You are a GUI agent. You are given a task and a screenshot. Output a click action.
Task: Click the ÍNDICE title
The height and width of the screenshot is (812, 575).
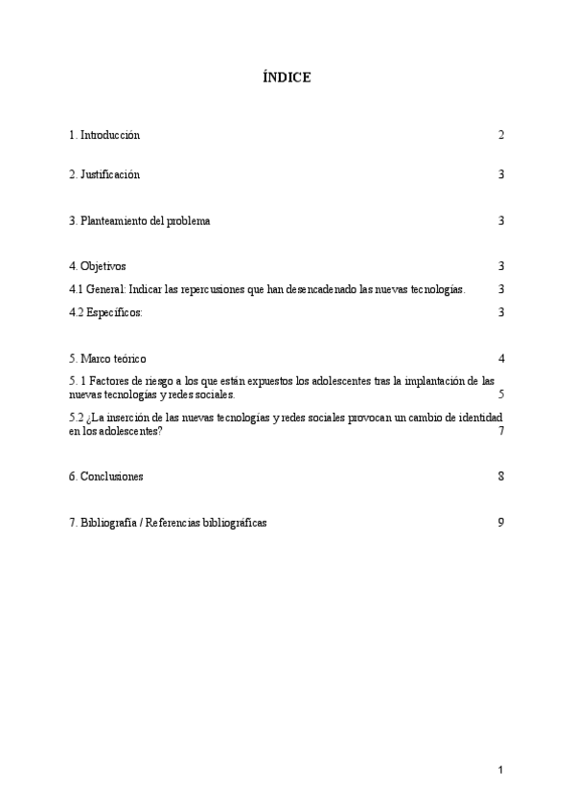pos(287,77)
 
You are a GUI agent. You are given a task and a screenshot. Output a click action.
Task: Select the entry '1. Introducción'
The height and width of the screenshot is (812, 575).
pos(104,135)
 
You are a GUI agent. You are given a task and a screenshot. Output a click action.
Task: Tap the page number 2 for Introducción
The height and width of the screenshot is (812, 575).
pos(501,135)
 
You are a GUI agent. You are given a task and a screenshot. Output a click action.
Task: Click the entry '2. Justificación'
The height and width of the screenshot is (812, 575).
pos(104,174)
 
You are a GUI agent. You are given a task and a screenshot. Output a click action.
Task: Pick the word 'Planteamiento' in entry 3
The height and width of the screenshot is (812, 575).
pos(114,221)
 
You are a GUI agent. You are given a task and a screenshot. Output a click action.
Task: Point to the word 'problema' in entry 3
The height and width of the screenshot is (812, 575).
pos(188,221)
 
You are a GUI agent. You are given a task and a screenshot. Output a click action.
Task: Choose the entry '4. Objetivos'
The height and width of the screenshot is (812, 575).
pos(98,266)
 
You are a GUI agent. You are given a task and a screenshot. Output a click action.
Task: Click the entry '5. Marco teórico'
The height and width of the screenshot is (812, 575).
pos(107,359)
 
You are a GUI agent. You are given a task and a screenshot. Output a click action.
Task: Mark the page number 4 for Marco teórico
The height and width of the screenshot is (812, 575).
pos(501,359)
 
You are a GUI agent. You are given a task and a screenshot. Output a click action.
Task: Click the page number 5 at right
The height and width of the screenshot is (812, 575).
pos(501,395)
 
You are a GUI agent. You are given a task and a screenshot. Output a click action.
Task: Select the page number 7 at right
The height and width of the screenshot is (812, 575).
pos(501,431)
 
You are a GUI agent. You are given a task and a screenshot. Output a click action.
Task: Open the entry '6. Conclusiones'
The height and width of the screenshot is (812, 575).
pos(106,476)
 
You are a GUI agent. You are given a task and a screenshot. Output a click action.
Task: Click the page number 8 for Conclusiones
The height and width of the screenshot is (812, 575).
pos(501,476)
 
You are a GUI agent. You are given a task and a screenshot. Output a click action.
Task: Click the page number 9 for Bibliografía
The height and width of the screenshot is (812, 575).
pos(501,522)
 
